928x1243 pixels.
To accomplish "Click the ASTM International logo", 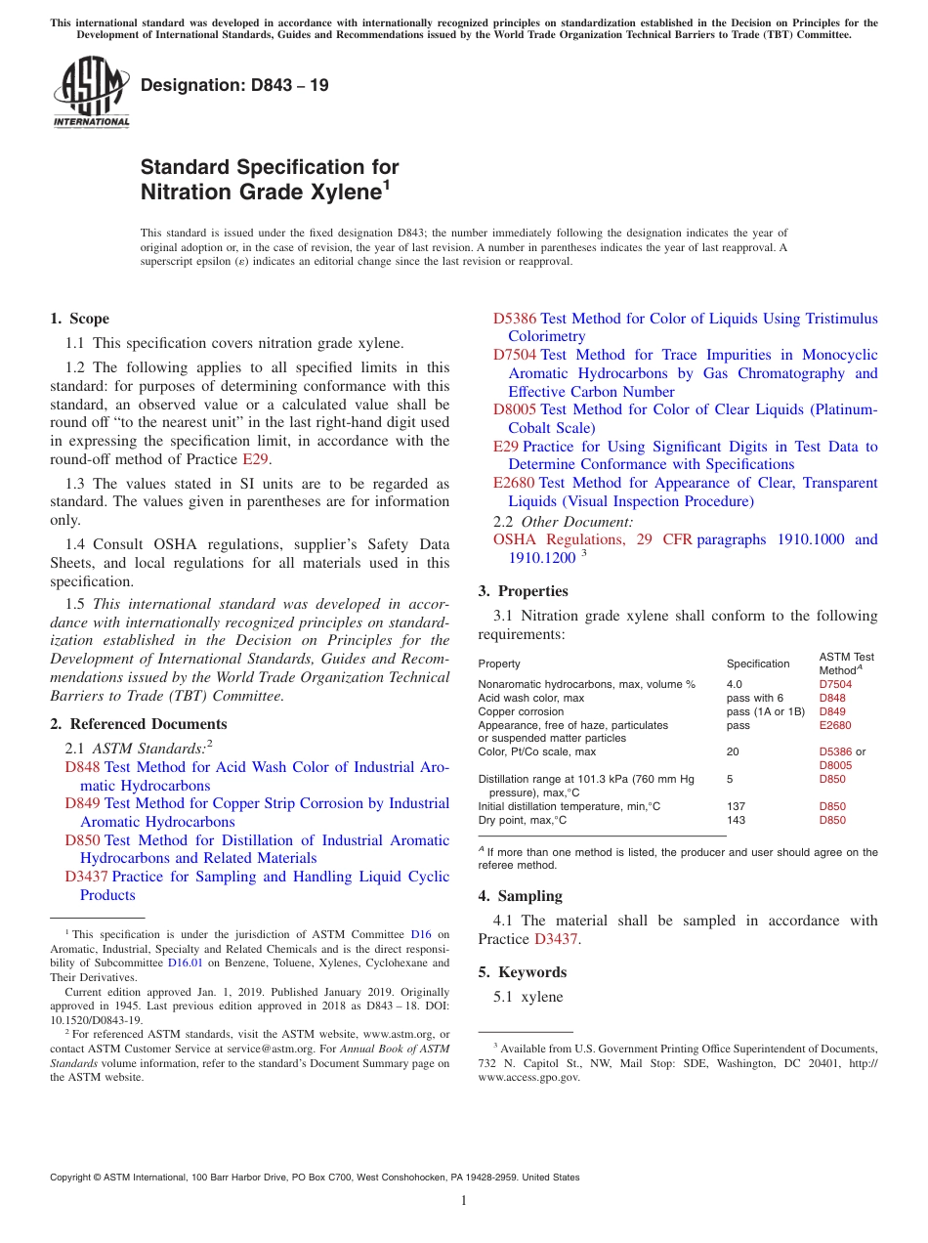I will (x=91, y=91).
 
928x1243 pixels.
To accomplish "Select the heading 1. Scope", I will (x=79, y=319).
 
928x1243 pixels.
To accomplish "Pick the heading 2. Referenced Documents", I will (x=139, y=724).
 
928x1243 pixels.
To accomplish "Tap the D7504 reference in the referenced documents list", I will (x=514, y=355).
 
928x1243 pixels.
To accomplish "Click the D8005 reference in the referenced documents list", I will (x=514, y=409).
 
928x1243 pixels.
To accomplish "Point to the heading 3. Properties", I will (x=523, y=591).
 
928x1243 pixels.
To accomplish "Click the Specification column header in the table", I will (x=758, y=664).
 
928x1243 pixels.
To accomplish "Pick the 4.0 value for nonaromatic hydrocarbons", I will (x=735, y=685).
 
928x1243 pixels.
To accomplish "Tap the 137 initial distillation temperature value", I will (x=736, y=807).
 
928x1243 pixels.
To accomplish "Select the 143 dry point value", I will (x=736, y=821).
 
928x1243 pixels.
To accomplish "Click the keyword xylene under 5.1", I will (x=542, y=997).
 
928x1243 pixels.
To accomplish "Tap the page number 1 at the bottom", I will (x=464, y=1200).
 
